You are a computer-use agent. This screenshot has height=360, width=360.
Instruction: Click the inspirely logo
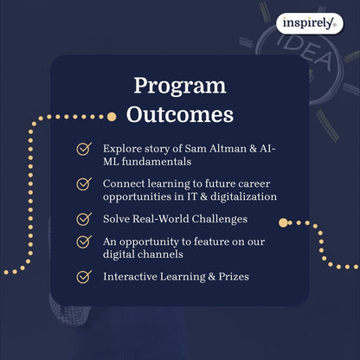point(310,23)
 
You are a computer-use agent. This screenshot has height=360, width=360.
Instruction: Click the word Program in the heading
point(180,86)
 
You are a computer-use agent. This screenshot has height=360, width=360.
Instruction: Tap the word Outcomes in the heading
point(180,113)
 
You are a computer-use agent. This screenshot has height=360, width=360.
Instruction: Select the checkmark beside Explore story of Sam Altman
point(84,149)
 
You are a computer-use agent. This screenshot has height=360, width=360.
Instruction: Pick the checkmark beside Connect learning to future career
point(84,184)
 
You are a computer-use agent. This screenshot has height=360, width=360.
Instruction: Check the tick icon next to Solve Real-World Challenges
point(84,219)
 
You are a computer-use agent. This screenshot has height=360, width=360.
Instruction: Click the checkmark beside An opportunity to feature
point(84,241)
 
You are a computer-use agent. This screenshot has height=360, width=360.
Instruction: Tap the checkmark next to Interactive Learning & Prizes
point(84,277)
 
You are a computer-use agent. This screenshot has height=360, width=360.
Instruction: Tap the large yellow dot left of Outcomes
point(111,115)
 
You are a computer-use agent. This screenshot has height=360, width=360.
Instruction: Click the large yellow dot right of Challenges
point(283,222)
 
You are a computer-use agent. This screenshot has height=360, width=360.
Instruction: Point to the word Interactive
point(132,277)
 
